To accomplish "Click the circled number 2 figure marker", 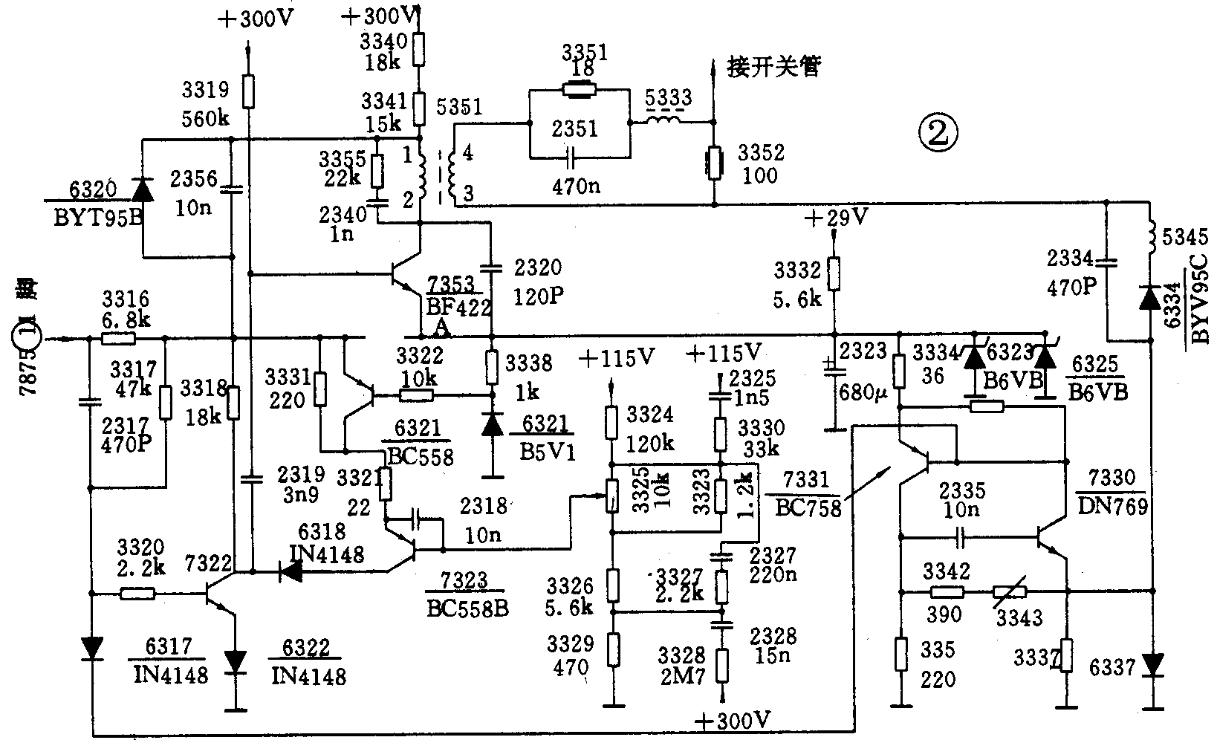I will pos(938,133).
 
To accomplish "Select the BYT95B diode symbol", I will pos(142,189).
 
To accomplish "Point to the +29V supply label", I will pos(837,218).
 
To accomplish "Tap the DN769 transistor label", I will pos(1111,506).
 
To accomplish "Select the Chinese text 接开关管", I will pos(774,68).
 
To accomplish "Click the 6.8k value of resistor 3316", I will pos(126,319).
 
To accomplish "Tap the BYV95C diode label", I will pos(1199,299).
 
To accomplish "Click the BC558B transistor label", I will pos(467,608).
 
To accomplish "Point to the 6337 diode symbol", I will pos(1152,663).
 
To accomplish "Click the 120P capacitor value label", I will pos(538,296).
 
